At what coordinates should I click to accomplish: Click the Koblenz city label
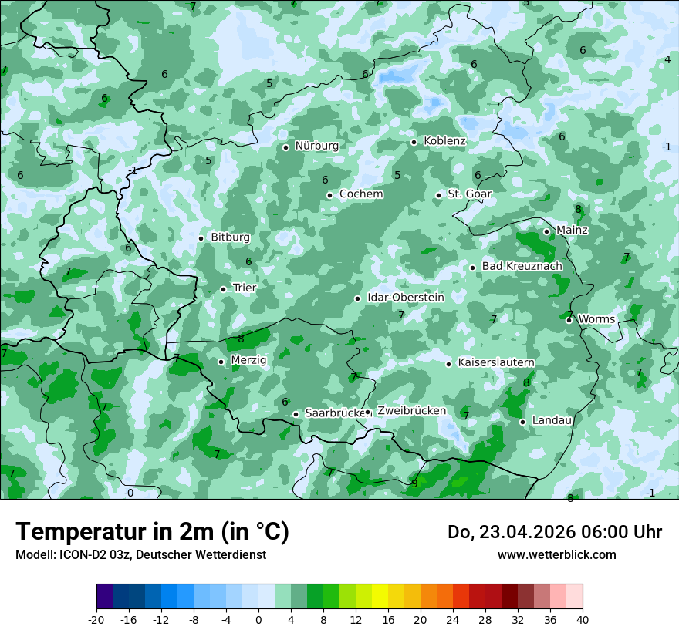[x=444, y=141]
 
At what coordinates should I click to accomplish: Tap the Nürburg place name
[x=316, y=146]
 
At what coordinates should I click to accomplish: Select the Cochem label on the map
[x=361, y=194]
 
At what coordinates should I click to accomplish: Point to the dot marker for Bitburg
[x=201, y=238]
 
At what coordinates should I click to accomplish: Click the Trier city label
[x=245, y=288]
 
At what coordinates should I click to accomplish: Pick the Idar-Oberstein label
[x=406, y=298]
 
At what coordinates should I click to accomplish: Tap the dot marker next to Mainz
[x=546, y=231]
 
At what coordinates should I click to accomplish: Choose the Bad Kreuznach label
[x=522, y=267]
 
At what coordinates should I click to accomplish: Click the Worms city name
[x=596, y=319]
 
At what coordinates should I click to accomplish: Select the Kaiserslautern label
[x=496, y=363]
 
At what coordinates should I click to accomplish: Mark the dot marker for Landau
[x=522, y=422]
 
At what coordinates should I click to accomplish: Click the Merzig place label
[x=248, y=361]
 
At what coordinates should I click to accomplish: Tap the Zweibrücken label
[x=411, y=411]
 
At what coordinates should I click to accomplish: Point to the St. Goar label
[x=469, y=194]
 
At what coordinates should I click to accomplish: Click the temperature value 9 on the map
[x=414, y=483]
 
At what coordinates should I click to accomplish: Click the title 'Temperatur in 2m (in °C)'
[x=152, y=532]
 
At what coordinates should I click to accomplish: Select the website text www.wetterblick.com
[x=556, y=555]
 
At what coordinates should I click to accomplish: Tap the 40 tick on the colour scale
[x=582, y=620]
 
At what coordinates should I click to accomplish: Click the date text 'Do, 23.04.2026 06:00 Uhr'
[x=554, y=532]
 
